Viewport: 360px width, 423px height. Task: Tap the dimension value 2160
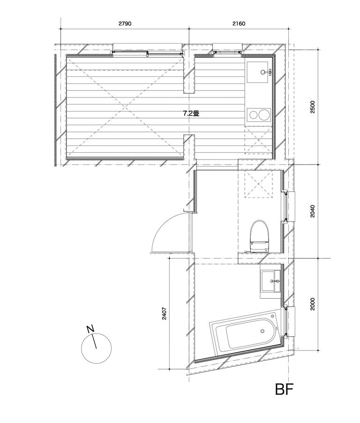(239, 23)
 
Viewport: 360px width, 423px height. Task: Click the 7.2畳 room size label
(190, 113)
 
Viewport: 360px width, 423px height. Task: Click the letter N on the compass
(91, 329)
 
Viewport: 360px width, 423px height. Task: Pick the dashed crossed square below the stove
(259, 140)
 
